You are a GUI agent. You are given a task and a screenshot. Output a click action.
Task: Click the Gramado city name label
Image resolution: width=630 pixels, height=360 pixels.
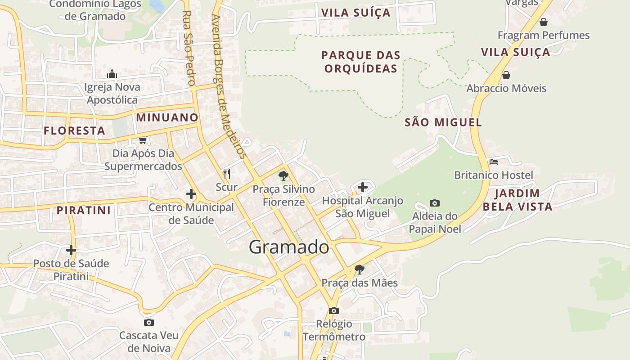coord(288,247)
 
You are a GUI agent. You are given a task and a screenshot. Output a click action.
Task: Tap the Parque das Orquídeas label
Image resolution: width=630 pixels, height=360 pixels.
coord(361,62)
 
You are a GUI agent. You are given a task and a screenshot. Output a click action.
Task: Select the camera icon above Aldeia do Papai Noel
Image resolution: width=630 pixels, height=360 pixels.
coord(435,203)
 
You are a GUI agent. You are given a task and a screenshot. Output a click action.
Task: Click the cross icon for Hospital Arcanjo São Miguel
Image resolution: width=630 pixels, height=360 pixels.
coord(363,187)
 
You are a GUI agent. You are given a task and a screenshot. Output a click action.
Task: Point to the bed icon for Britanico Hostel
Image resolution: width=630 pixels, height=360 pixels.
coord(494,162)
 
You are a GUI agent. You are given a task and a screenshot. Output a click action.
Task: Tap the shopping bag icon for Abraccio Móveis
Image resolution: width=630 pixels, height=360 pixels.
coord(506,75)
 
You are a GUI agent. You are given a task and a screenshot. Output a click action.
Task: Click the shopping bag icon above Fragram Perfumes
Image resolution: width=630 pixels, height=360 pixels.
coord(544,22)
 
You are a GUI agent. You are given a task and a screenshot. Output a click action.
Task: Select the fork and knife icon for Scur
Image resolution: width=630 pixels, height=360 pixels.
coord(227,173)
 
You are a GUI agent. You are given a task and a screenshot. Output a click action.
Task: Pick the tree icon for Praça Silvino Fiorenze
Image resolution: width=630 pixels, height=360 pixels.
coord(283,175)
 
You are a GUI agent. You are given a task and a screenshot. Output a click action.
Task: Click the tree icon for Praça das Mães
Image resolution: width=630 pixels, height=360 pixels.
coord(359,270)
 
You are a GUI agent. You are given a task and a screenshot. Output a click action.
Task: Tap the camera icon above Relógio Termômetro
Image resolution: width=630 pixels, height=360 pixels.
coord(333,310)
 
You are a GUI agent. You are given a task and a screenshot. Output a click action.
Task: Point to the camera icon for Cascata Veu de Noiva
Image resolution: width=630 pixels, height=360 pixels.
coord(149,322)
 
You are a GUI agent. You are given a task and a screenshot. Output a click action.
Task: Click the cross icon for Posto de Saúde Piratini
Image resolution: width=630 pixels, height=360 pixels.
coord(71,250)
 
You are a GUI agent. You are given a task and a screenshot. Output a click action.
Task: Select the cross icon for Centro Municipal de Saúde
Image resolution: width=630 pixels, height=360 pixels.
coord(191,194)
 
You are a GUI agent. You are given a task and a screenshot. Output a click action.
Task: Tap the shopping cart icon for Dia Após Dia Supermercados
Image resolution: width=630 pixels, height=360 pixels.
coord(143,140)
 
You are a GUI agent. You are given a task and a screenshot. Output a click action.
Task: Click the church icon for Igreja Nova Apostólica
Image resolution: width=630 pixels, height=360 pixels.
coord(112,74)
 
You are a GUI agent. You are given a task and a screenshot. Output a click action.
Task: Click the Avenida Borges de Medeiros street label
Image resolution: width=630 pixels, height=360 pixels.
coord(229,85)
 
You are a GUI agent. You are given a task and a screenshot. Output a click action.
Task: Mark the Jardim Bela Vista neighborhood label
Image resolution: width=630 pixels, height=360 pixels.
coord(523,200)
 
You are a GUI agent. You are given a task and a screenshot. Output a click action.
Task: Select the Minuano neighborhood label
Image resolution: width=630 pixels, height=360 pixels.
coord(167,117)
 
